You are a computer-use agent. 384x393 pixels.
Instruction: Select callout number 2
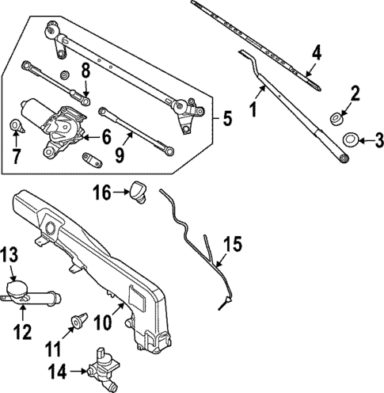(355, 95)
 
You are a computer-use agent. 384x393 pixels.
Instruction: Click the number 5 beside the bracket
(226, 120)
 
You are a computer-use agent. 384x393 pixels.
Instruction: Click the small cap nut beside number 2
(336, 119)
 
